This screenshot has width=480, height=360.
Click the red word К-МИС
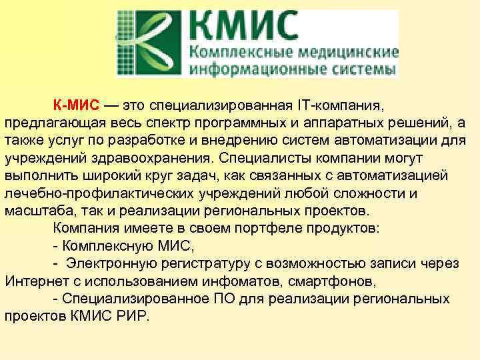(76, 107)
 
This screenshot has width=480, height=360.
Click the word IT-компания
(340, 107)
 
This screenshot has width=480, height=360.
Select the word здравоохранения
(152, 159)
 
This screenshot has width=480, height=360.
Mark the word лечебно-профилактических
(99, 194)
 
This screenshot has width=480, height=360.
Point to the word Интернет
(33, 281)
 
